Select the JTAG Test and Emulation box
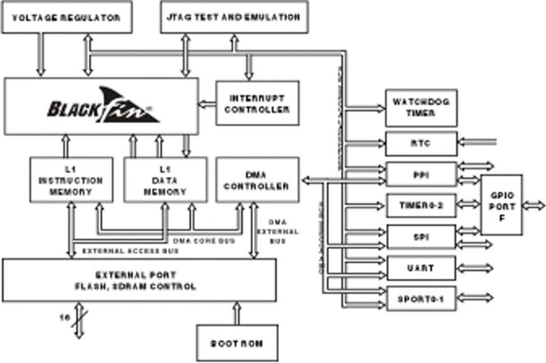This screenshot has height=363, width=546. tap(234, 18)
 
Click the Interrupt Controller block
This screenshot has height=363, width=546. tap(256, 103)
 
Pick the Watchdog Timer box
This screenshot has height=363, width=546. tap(420, 108)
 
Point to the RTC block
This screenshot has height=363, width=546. tap(420, 143)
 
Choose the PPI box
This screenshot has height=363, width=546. tap(420, 175)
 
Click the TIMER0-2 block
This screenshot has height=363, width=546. tap(420, 205)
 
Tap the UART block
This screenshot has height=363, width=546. tap(420, 267)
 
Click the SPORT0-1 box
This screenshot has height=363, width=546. tap(420, 298)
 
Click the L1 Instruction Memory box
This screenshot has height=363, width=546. tap(71, 180)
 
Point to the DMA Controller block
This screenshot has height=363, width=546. tap(257, 180)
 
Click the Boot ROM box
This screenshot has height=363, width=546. tap(237, 343)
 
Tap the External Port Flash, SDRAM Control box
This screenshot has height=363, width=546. tap(139, 281)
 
